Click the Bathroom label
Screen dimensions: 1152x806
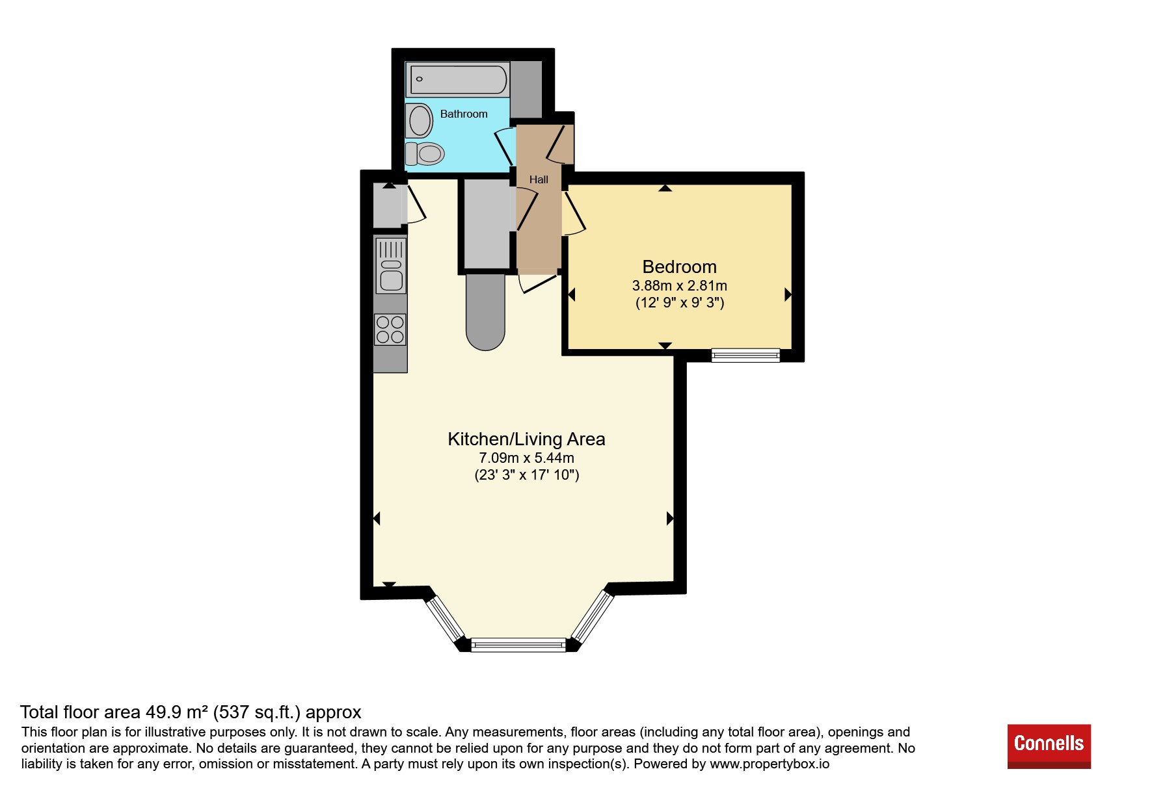[464, 114]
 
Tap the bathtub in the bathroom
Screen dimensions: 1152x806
[458, 80]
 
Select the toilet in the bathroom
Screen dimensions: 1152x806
[425, 154]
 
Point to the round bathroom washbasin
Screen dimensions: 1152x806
[420, 120]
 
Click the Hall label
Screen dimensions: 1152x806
[539, 179]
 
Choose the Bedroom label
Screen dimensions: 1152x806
[680, 266]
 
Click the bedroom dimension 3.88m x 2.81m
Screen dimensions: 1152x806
[680, 285]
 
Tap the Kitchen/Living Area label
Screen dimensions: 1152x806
[526, 439]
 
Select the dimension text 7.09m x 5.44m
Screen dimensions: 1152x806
[526, 458]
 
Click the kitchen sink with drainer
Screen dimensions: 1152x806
[391, 265]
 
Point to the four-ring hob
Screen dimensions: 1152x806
[390, 330]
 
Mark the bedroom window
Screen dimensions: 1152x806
[745, 355]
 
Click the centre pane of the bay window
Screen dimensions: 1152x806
[518, 645]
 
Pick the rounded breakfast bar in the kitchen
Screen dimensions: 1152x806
[486, 312]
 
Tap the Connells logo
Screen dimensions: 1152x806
[1049, 746]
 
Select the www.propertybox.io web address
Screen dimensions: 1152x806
[770, 764]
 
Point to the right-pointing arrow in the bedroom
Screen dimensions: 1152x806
[788, 294]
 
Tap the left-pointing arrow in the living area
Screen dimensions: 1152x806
[377, 519]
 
